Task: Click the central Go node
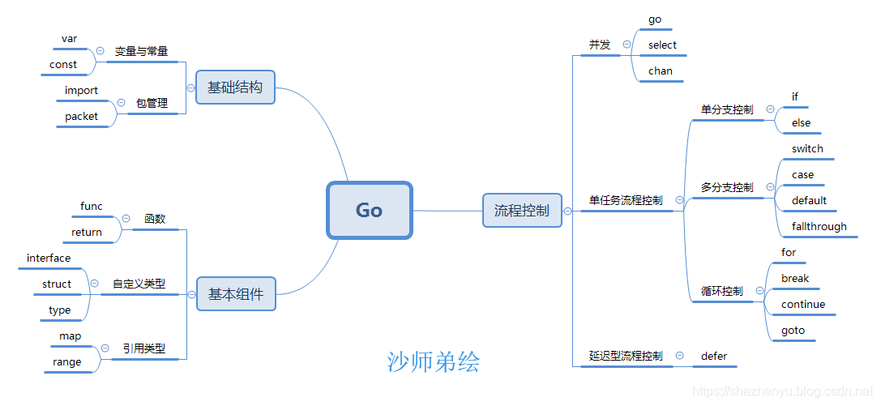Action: pyautogui.click(x=370, y=210)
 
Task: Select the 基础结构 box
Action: pyautogui.click(x=235, y=87)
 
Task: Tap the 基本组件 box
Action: pyautogui.click(x=236, y=294)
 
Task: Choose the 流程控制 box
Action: pyautogui.click(x=522, y=211)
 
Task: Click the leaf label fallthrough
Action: pyautogui.click(x=819, y=226)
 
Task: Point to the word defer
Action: pyautogui.click(x=714, y=356)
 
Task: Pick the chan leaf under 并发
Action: pyautogui.click(x=661, y=71)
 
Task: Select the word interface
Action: pyautogui.click(x=49, y=258)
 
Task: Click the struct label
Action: pyautogui.click(x=57, y=284)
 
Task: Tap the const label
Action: pyautogui.click(x=63, y=64)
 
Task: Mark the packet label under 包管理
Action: pyautogui.click(x=81, y=116)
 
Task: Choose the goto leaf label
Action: pyautogui.click(x=793, y=330)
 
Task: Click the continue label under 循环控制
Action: pyautogui.click(x=803, y=304)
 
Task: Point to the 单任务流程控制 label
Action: pyautogui.click(x=626, y=200)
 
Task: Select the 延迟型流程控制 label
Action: pyautogui.click(x=626, y=356)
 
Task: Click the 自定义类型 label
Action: pyautogui.click(x=139, y=284)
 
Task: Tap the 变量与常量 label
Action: pyautogui.click(x=141, y=51)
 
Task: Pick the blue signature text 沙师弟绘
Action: pyautogui.click(x=434, y=361)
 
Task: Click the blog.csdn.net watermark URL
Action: pyautogui.click(x=784, y=392)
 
